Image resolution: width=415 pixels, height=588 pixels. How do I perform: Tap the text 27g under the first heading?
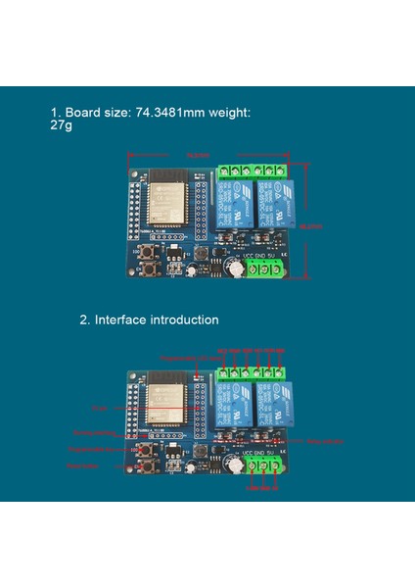tap(63, 126)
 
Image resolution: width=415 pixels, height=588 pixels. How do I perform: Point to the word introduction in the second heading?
tap(186, 319)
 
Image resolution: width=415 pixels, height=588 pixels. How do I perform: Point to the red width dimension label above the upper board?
tap(199, 155)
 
